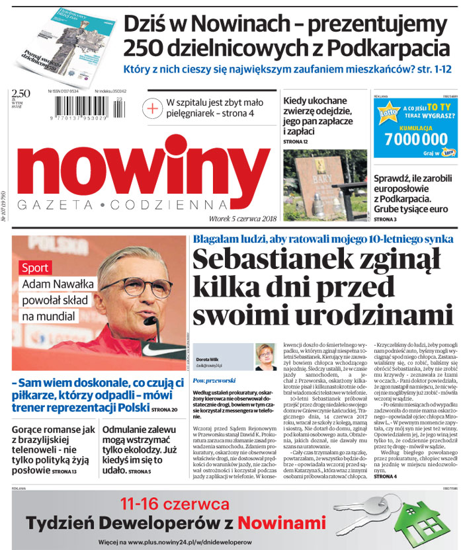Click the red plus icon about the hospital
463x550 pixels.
tap(153, 108)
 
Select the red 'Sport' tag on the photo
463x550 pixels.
tap(35, 268)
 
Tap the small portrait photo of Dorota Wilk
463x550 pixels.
tap(265, 357)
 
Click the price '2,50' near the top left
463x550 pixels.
tap(21, 92)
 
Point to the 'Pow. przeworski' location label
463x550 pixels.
tap(211, 381)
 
